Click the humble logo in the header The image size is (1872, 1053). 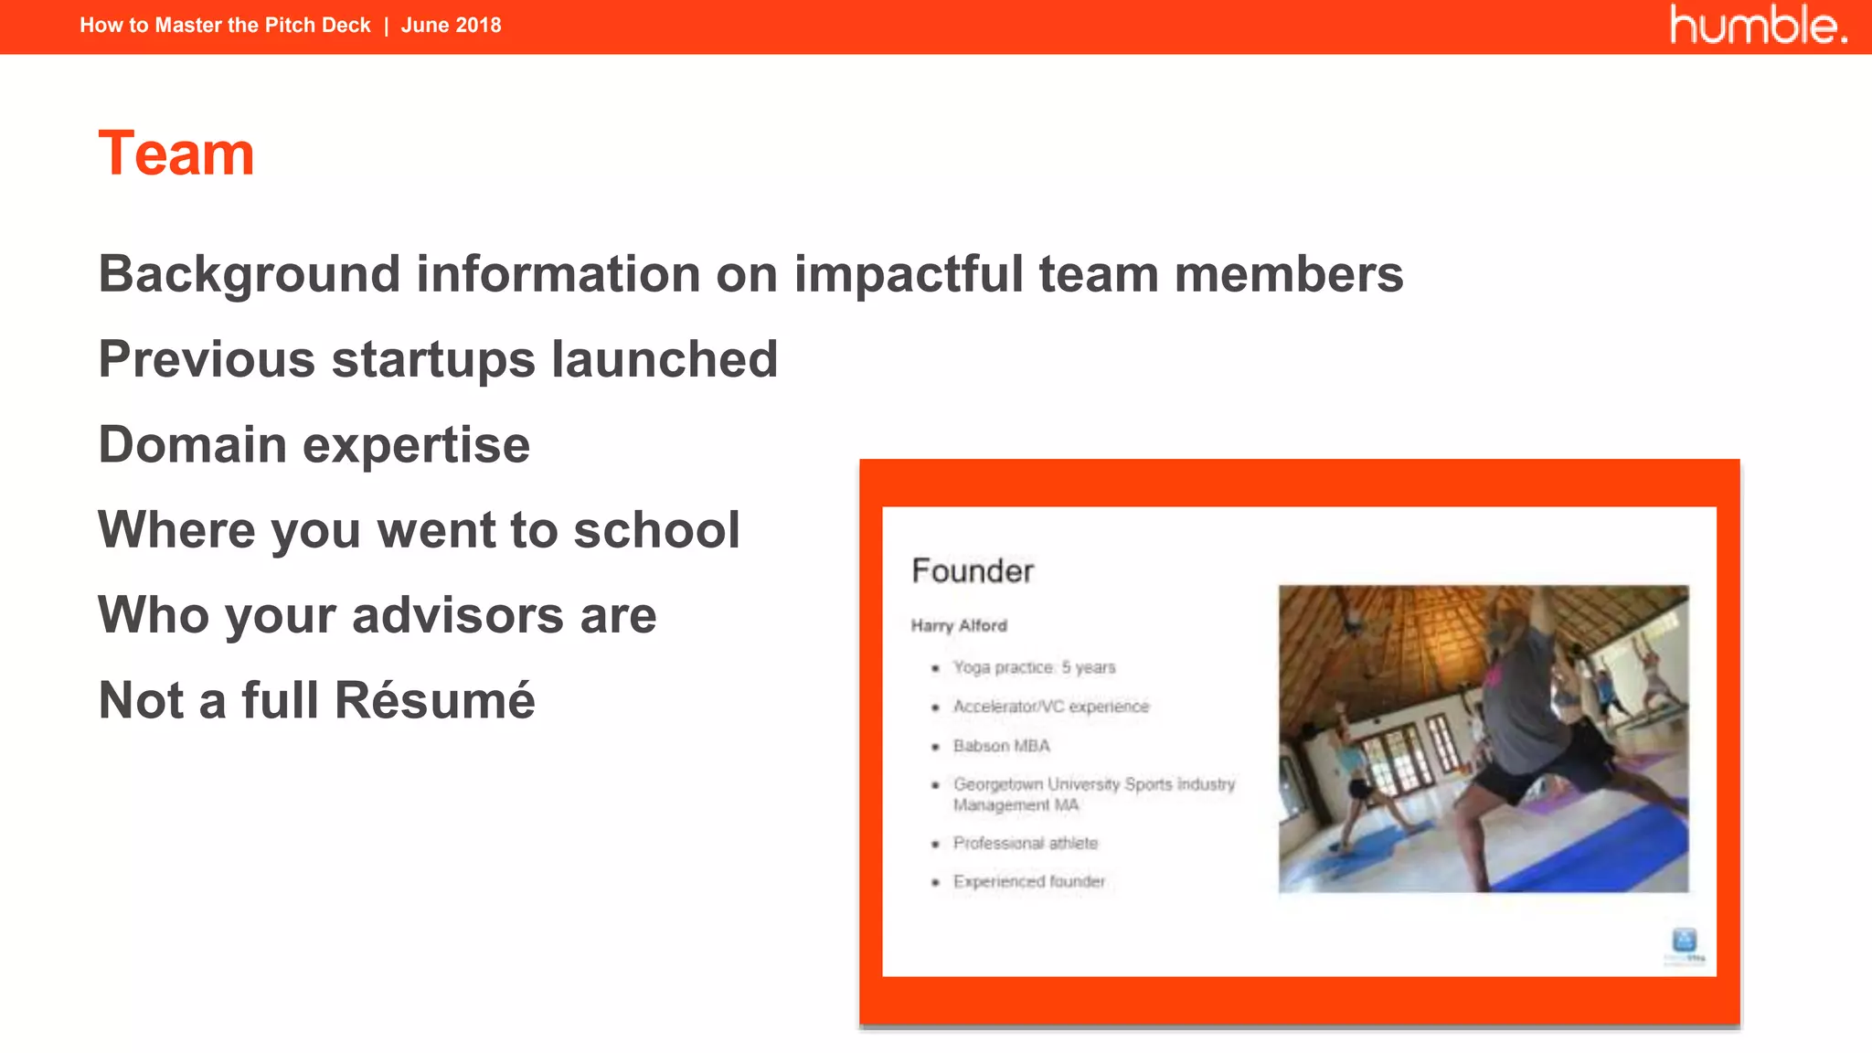pos(1757,25)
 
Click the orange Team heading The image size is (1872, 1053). pos(176,154)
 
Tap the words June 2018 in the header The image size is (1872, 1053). pos(451,26)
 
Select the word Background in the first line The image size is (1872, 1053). pos(250,274)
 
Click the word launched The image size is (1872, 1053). pos(665,359)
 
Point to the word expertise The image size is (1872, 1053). pos(416,445)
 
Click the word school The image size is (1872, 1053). pos(656,530)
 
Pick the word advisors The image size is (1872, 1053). pos(458,615)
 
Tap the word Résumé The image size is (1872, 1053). pos(434,701)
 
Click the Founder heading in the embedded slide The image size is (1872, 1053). pos(973,571)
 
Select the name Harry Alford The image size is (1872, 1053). pos(959,625)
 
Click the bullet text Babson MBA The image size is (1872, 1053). pos(1001,746)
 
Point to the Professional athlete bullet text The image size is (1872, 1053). pos(1025,843)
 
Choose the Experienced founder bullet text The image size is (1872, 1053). pos(1028,881)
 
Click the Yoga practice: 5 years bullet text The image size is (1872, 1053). pos(1034,667)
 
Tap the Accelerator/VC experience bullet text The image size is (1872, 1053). pos(1050,707)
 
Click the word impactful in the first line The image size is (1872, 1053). pos(909,274)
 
